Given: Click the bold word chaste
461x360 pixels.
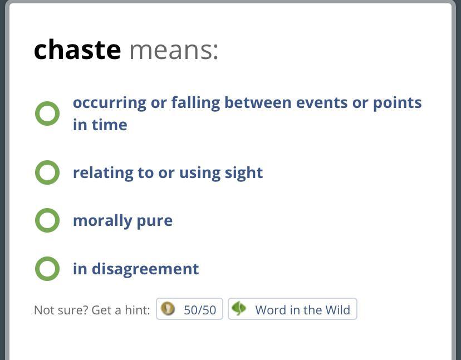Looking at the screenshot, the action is pos(77,50).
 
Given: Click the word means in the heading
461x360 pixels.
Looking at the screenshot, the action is pos(174,50).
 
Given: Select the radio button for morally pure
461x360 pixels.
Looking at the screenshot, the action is pos(47,220).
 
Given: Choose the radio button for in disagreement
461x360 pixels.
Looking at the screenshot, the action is pos(47,269).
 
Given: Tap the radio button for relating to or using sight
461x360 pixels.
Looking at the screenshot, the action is pos(47,172).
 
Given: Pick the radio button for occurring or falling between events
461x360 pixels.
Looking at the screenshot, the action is pos(47,114).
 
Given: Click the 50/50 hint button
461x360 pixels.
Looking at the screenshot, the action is pos(189,309).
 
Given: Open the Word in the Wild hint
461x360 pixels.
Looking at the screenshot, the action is pos(292,309).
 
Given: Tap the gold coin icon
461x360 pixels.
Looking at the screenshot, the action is pos(168,309).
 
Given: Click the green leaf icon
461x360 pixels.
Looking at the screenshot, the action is pos(239,309).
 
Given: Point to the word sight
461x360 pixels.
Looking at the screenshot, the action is pos(244,173).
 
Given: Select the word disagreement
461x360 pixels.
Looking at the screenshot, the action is pos(145,269).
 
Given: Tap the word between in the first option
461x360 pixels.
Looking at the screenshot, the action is pos(258,102).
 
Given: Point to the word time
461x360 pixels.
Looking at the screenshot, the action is pos(109,125).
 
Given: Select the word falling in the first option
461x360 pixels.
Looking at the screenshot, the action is pos(195,103).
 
